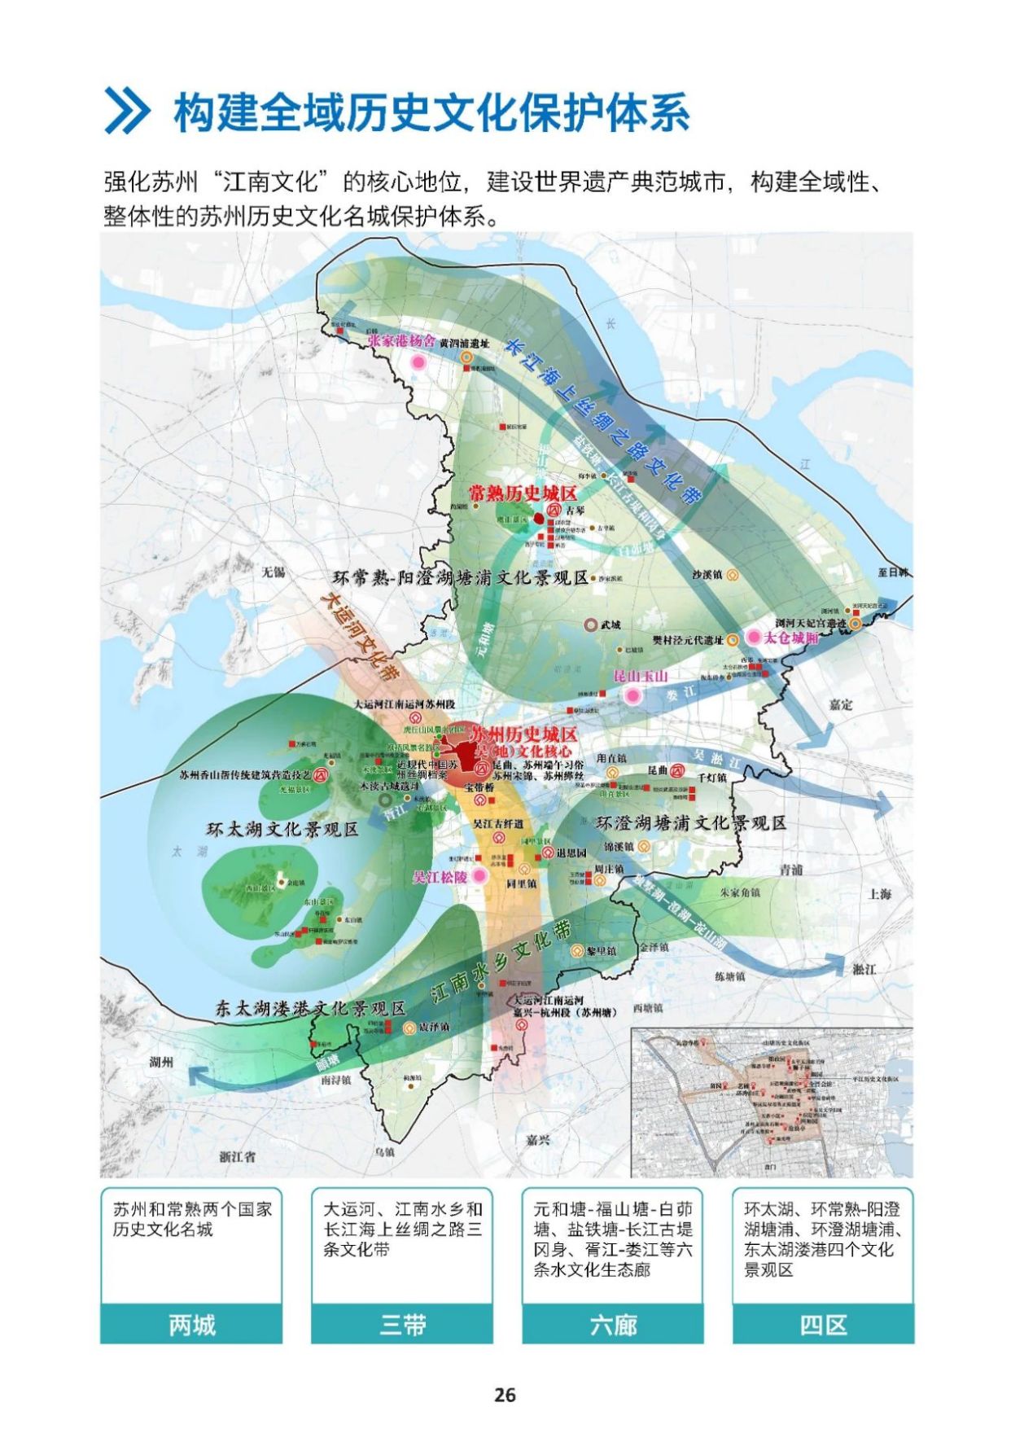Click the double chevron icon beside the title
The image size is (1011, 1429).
tap(127, 112)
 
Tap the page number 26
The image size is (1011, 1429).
tap(505, 1395)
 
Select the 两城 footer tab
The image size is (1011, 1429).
tap(191, 1325)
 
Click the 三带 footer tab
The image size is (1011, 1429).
tap(402, 1325)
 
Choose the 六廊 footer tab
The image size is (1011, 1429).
tap(612, 1325)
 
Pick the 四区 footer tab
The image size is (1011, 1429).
tap(823, 1325)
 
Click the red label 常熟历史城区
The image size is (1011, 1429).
tap(523, 493)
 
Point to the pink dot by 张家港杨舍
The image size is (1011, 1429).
tap(420, 362)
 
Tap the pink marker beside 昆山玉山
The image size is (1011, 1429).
tap(632, 695)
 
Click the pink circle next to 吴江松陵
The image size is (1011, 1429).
tap(479, 876)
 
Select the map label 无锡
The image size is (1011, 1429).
tap(273, 572)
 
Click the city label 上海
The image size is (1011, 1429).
tap(879, 893)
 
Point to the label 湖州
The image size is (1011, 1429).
tap(161, 1062)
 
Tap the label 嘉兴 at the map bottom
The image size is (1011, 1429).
tap(537, 1140)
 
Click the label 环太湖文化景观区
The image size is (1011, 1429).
tap(282, 830)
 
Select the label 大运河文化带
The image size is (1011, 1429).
tap(359, 636)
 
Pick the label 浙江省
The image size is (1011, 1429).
tap(237, 1155)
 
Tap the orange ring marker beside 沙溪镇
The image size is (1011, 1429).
tap(733, 575)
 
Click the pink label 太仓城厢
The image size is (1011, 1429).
tap(790, 638)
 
